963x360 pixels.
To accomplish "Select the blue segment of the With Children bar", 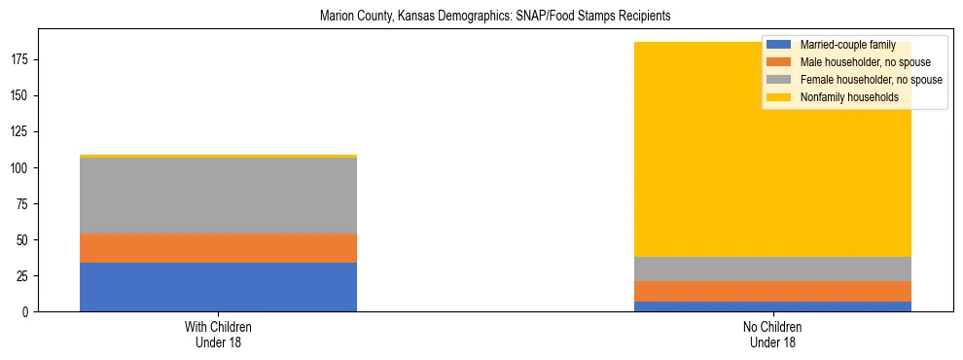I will [x=218, y=287].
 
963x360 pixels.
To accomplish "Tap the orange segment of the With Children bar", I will [x=218, y=248].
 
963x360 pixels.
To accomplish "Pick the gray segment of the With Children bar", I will [x=218, y=196].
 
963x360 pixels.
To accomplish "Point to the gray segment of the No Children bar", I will [x=772, y=269].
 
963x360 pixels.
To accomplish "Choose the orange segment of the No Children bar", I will [x=772, y=291].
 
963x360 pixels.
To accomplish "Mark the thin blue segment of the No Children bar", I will [x=772, y=306].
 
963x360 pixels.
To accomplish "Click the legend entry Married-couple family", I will [x=847, y=45].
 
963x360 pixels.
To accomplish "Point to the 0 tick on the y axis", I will [x=26, y=311].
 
